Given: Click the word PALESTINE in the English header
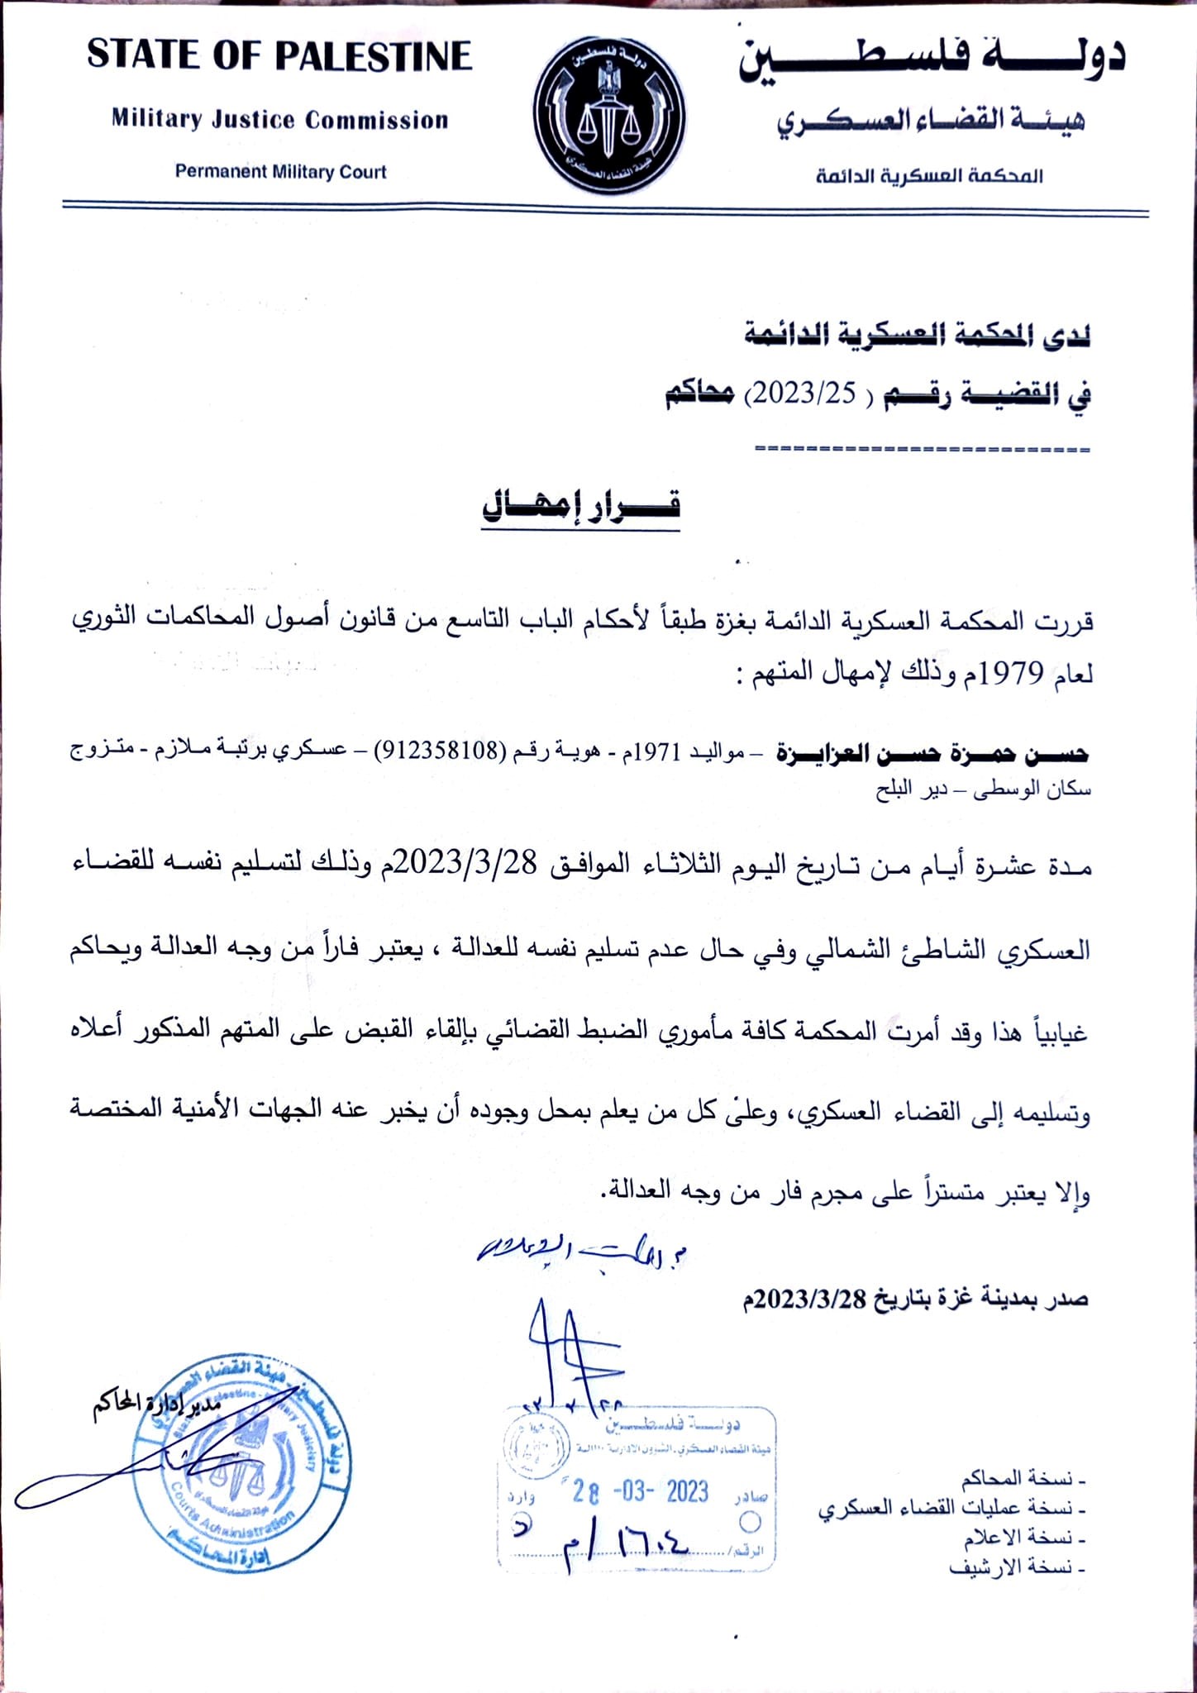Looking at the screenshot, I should pos(373,56).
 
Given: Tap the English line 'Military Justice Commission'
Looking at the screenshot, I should pos(280,120).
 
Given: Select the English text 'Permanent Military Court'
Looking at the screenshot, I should pos(280,172).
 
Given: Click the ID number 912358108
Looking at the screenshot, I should pos(441,751).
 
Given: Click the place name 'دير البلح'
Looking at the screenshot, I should pos(906,790).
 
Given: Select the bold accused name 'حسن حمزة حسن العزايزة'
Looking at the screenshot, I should pos(932,752).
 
